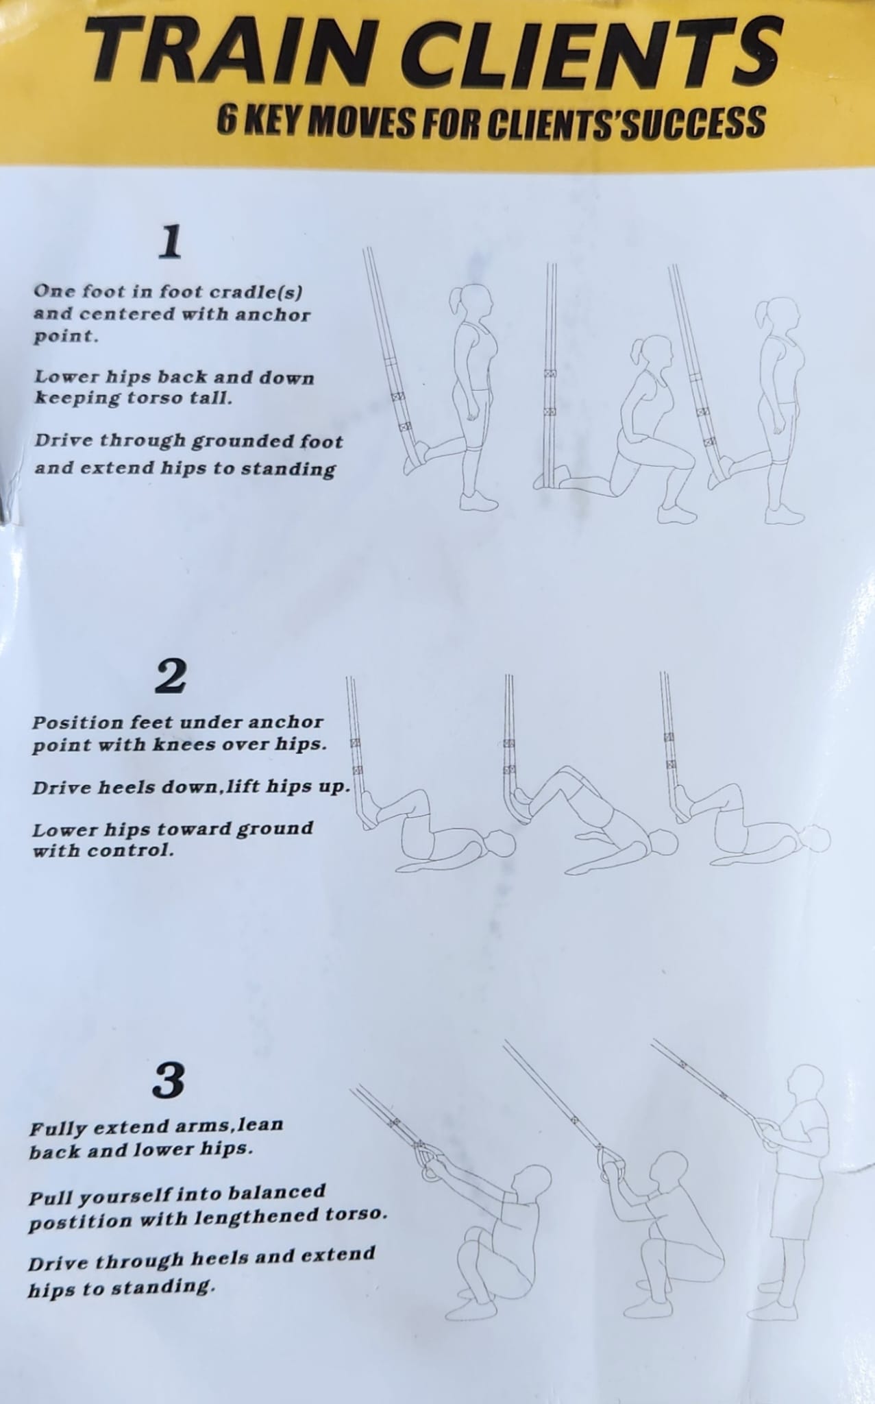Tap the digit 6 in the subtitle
227,122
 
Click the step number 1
169,243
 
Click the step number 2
169,677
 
